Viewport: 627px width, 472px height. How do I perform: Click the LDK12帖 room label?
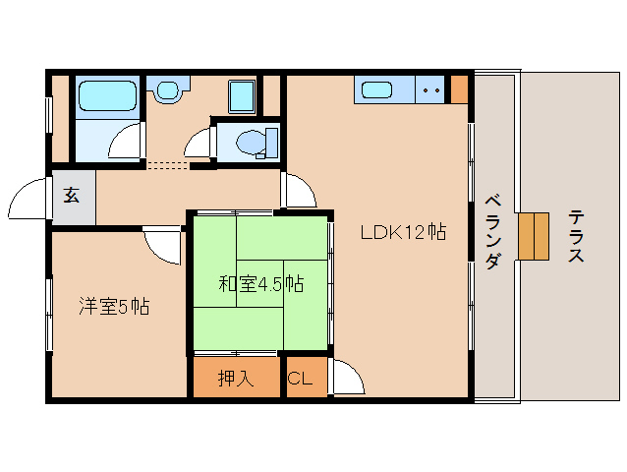coord(403,233)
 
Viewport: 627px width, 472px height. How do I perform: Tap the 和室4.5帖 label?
coord(260,285)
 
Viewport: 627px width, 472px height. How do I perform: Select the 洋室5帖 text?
coord(114,306)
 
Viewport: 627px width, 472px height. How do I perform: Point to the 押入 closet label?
coord(236,379)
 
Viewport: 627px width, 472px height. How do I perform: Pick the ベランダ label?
coord(493,231)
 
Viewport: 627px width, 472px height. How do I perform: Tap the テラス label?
coord(576,237)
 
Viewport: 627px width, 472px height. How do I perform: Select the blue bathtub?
coord(106,97)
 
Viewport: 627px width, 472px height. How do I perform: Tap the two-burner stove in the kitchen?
coord(429,90)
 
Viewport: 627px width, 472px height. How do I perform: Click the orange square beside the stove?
coord(459,89)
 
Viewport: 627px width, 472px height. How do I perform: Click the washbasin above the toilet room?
coord(168,90)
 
